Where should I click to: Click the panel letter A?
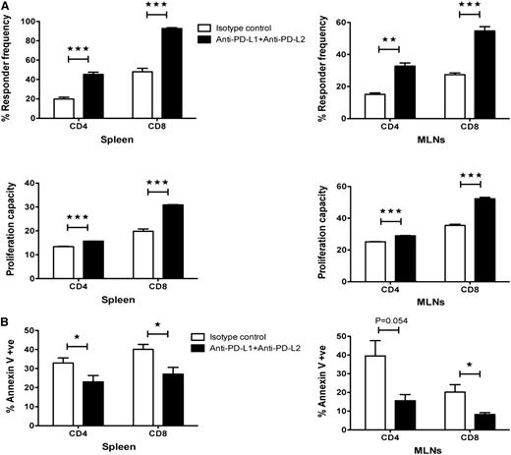(6, 7)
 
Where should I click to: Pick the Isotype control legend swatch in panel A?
(204, 30)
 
